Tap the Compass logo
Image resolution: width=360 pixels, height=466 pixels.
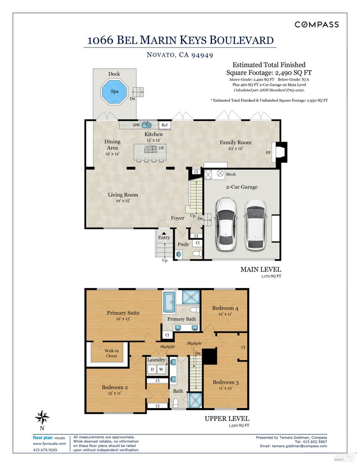click(317, 25)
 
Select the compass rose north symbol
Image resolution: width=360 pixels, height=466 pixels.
click(42, 417)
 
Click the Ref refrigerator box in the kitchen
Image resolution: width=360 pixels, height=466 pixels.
click(165, 125)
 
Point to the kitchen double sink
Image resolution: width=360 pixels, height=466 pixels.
click(147, 125)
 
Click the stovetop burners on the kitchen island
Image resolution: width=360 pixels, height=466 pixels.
click(150, 149)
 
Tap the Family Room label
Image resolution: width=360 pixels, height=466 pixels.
click(235, 142)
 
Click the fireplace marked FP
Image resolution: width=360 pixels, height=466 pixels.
click(280, 152)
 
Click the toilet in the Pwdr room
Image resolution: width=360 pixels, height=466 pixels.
click(197, 253)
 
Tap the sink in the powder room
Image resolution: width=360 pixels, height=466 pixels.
click(179, 254)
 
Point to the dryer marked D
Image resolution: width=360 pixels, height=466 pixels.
click(152, 369)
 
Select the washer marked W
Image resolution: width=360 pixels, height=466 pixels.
click(161, 369)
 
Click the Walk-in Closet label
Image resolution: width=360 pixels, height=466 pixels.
click(112, 353)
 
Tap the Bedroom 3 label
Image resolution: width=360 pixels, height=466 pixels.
click(226, 382)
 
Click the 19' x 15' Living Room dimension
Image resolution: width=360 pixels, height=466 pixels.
click(123, 201)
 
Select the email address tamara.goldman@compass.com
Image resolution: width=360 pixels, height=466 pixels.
click(299, 446)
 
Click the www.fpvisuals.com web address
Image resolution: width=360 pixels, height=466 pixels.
click(49, 444)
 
